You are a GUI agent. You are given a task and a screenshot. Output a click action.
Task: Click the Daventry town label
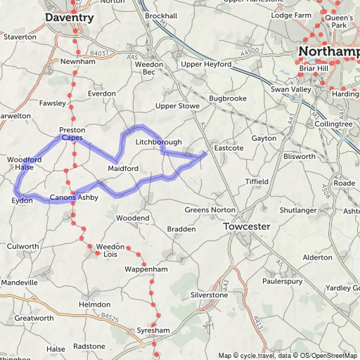tap(69, 16)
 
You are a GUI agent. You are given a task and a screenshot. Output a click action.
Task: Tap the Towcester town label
tap(247, 227)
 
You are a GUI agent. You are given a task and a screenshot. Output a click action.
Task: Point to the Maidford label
tap(123, 169)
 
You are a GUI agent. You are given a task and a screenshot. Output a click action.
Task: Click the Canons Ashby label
tap(74, 198)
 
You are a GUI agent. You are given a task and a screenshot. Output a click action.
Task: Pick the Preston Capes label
tap(72, 134)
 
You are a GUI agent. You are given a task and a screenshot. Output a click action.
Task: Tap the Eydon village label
tap(22, 201)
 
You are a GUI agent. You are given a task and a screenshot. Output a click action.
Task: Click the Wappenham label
tap(146, 269)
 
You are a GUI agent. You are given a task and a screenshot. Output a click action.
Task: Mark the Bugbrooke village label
tap(227, 99)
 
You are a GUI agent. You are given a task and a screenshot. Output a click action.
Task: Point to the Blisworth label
tap(301, 156)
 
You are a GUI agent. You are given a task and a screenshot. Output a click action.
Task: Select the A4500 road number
tap(249, 51)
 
